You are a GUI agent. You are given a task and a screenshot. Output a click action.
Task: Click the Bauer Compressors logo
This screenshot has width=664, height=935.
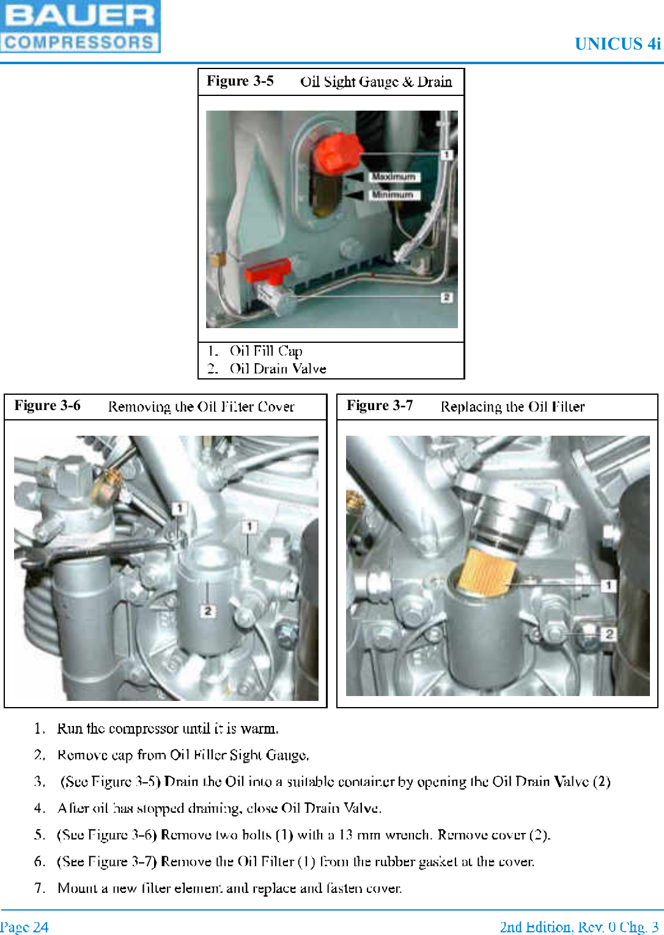79,26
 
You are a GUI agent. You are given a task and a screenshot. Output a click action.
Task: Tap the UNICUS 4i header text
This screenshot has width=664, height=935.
617,44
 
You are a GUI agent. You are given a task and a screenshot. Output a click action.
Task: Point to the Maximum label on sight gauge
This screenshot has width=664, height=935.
394,177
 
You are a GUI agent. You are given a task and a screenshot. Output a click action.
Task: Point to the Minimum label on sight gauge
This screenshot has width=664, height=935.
393,194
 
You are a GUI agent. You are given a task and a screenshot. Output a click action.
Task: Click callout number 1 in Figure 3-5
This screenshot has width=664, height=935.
447,155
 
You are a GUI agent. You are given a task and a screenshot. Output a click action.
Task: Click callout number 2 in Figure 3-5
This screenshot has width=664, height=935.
447,297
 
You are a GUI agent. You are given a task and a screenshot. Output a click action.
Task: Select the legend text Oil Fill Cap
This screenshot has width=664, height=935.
266,351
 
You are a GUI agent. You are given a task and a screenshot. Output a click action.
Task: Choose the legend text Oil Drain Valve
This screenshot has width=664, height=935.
278,369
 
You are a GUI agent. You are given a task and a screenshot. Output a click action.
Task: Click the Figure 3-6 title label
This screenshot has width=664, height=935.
48,406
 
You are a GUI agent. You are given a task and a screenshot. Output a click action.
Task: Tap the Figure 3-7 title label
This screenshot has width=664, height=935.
380,406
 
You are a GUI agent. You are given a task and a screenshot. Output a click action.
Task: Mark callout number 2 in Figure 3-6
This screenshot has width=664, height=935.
208,610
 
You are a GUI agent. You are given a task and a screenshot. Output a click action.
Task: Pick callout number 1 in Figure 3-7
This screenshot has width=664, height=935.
608,585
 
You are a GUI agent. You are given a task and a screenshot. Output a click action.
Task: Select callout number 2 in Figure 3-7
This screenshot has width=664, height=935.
609,634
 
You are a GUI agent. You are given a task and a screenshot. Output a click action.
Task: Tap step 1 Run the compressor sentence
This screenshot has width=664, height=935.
168,728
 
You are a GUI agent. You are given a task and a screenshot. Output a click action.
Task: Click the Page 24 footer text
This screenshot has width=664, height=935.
24,927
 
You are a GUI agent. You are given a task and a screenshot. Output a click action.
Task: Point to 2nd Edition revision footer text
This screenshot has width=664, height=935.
578,927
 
